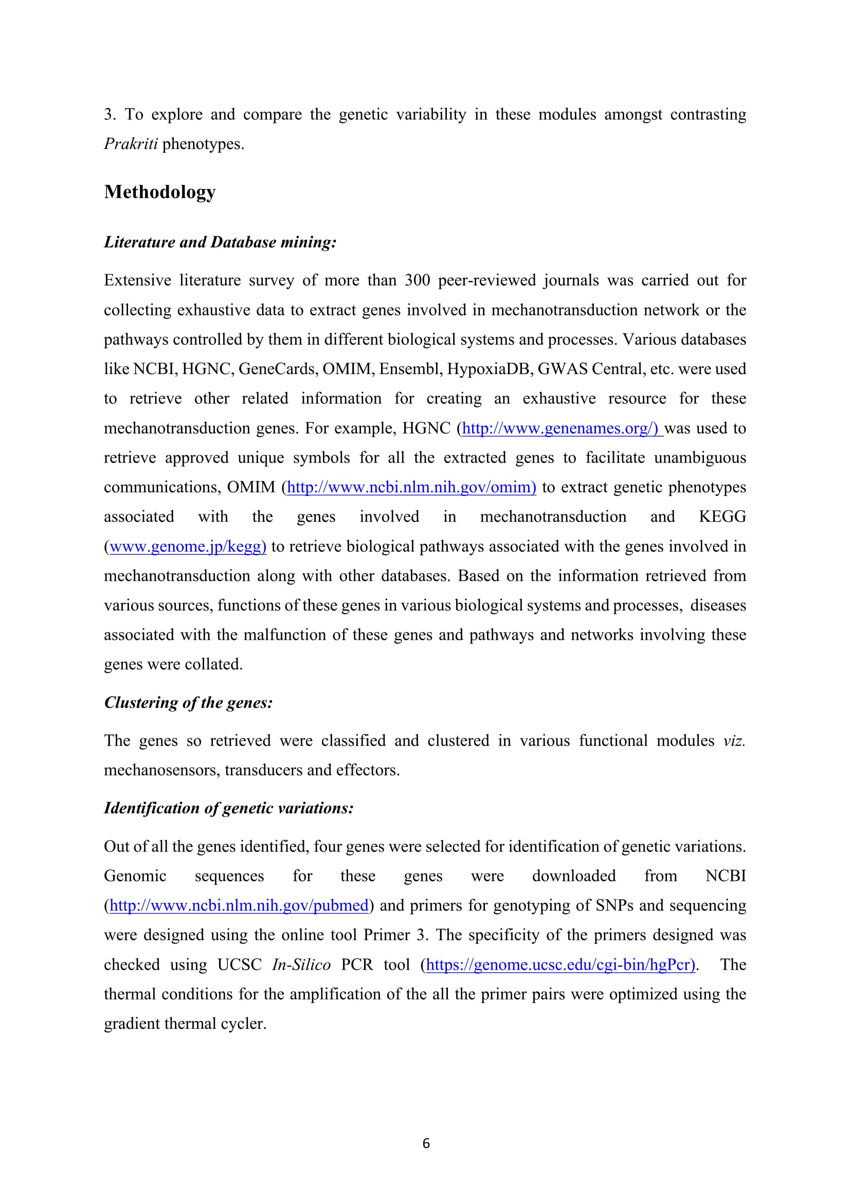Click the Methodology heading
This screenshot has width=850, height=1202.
pyautogui.click(x=160, y=192)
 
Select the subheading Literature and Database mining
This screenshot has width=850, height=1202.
pyautogui.click(x=220, y=242)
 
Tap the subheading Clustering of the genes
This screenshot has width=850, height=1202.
pyautogui.click(x=189, y=702)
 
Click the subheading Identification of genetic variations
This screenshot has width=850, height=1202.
pyautogui.click(x=229, y=808)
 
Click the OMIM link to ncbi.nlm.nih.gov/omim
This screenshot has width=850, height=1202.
pyautogui.click(x=411, y=487)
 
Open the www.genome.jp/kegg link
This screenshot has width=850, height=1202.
pyautogui.click(x=188, y=547)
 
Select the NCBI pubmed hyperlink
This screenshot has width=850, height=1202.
pyautogui.click(x=239, y=905)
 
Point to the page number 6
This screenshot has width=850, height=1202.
pyautogui.click(x=426, y=1143)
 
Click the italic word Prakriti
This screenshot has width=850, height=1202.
pyautogui.click(x=131, y=144)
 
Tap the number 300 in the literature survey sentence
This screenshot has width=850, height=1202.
pyautogui.click(x=417, y=281)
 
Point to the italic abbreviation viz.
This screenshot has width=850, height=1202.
pyautogui.click(x=734, y=741)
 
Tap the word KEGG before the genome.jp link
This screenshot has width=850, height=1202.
pyautogui.click(x=722, y=516)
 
